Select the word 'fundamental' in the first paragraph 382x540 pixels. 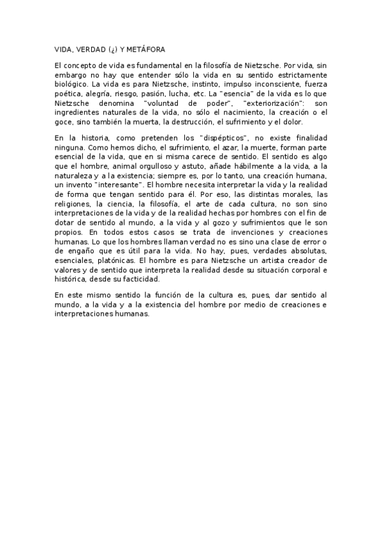click(142, 65)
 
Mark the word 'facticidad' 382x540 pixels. click(159, 278)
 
